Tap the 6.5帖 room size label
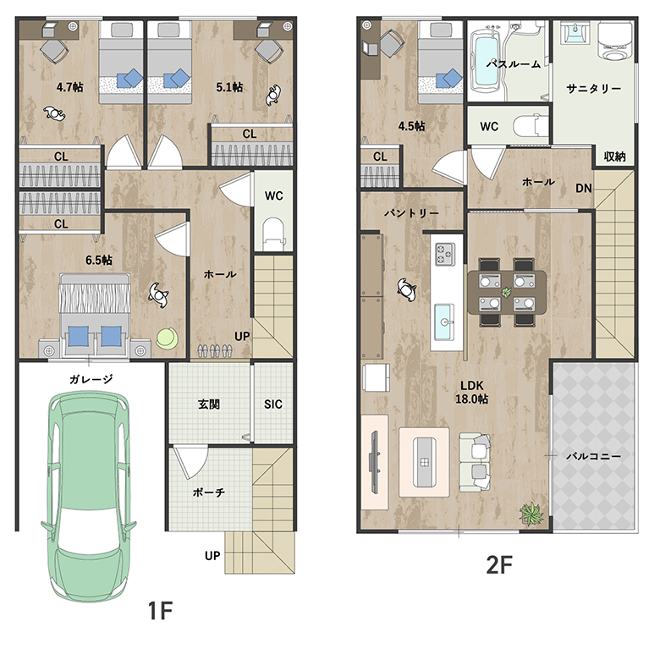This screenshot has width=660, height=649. coord(99,260)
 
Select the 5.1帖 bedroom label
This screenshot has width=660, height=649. coord(229,87)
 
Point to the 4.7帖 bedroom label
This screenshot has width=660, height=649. coord(70,87)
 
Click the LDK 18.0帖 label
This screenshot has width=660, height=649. coord(472,393)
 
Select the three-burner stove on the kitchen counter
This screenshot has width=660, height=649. coord(445,254)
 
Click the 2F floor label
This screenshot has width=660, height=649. coord(499,565)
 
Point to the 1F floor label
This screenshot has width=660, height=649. coord(161,611)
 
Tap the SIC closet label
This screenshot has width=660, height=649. coord(273,404)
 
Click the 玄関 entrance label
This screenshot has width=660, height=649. coord(209,404)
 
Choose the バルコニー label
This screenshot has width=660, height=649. coord(593,456)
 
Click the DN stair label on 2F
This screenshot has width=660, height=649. coord(584,188)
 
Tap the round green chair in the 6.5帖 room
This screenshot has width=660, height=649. coord(167,338)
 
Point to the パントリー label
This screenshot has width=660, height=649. coord(411,213)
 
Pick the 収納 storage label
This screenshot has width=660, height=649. coord(615,157)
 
